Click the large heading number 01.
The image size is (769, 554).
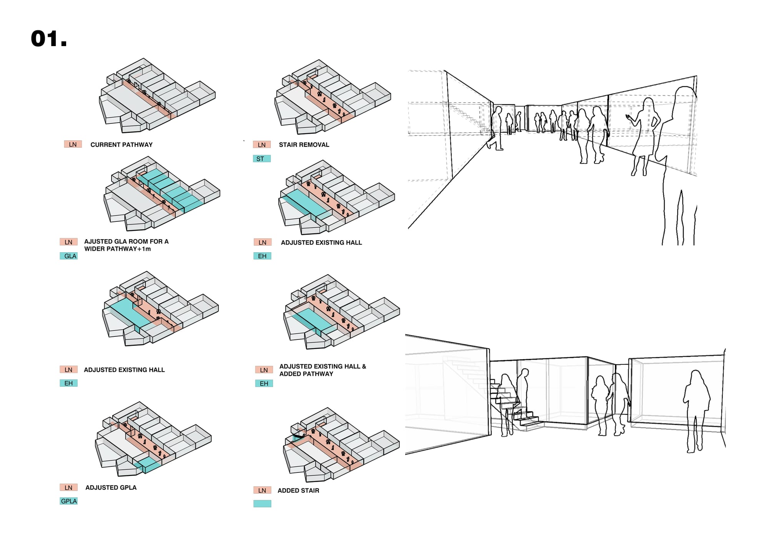click(x=49, y=39)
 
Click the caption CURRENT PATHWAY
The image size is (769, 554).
click(x=122, y=145)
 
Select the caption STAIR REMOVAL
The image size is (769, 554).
click(x=304, y=145)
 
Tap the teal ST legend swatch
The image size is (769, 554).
click(x=261, y=159)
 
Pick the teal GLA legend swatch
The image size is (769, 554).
click(x=69, y=256)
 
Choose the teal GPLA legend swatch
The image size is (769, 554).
click(x=69, y=501)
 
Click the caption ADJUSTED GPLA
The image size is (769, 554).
click(x=111, y=487)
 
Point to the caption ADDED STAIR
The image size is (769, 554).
click(x=298, y=491)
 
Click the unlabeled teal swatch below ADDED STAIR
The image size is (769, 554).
click(x=262, y=504)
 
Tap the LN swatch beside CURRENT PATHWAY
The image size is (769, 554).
click(x=73, y=145)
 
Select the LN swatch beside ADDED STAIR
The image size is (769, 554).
click(x=262, y=490)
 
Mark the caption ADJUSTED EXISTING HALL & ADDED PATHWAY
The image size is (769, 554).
click(x=322, y=370)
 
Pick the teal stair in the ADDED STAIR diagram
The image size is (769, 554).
click(x=298, y=437)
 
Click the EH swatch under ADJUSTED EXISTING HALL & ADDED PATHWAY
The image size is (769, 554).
click(x=264, y=383)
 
